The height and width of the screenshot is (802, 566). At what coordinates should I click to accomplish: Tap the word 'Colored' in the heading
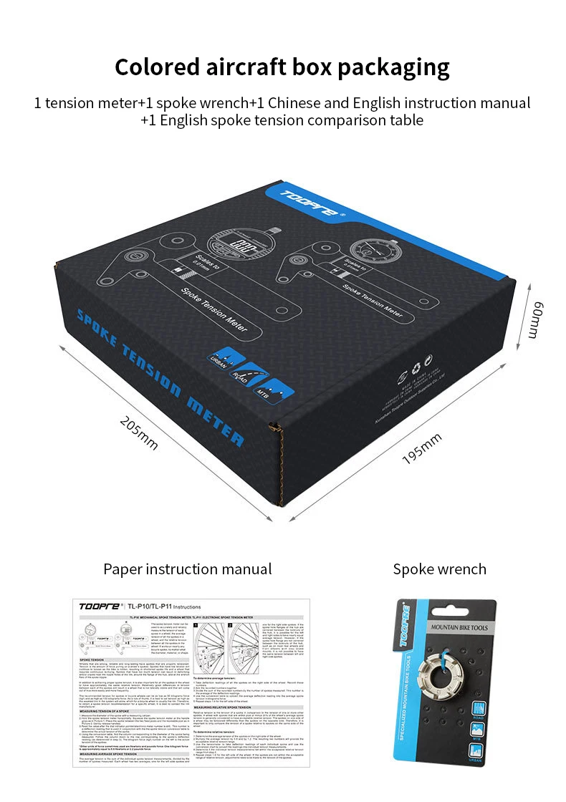pyautogui.click(x=155, y=67)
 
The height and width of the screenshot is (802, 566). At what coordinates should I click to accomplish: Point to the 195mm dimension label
pyautogui.click(x=422, y=448)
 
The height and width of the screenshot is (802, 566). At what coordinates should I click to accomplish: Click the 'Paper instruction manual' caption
pyautogui.click(x=188, y=569)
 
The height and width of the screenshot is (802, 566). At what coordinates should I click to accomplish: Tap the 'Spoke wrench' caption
pyautogui.click(x=439, y=569)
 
